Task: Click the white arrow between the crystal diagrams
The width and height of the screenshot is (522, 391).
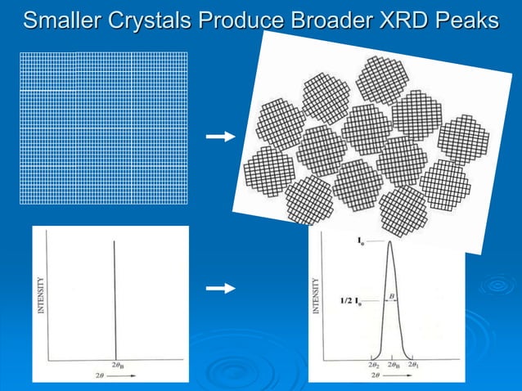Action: point(220,137)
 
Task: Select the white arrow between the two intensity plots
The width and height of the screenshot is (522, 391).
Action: point(220,289)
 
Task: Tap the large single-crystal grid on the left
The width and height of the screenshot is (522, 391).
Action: point(103,128)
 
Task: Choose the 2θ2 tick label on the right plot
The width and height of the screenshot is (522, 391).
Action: point(373,366)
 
